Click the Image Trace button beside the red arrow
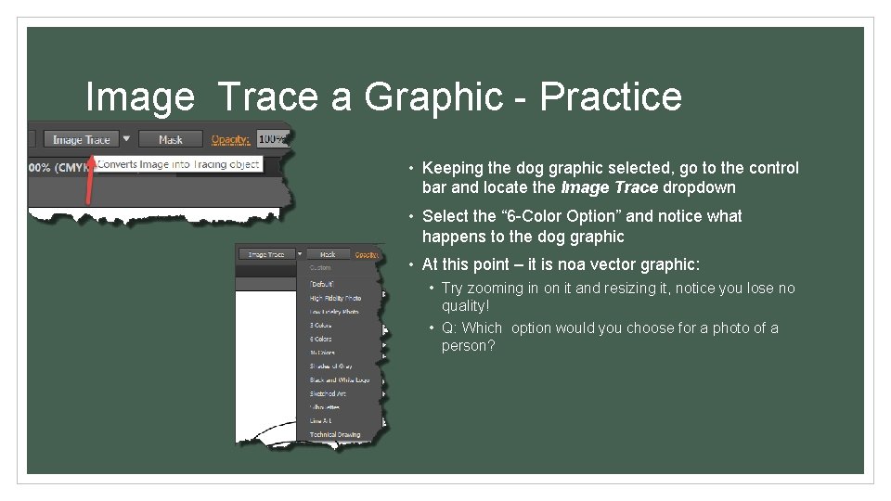pyautogui.click(x=82, y=139)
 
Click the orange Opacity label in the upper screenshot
pyautogui.click(x=230, y=139)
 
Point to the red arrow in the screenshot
pyautogui.click(x=90, y=182)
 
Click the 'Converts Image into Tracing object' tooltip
pyautogui.click(x=178, y=164)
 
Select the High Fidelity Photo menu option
pyautogui.click(x=335, y=298)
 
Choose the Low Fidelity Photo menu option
pyautogui.click(x=334, y=312)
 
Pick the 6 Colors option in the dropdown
pyautogui.click(x=321, y=339)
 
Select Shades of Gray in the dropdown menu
pyautogui.click(x=331, y=366)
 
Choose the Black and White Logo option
pyautogui.click(x=339, y=380)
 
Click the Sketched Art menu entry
pyautogui.click(x=327, y=393)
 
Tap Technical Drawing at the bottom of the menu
pyautogui.click(x=335, y=434)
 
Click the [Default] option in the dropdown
pyautogui.click(x=321, y=284)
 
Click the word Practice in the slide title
pyautogui.click(x=611, y=96)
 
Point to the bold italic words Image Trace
pyautogui.click(x=609, y=187)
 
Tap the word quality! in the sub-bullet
pyautogui.click(x=465, y=305)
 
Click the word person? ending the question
pyautogui.click(x=469, y=346)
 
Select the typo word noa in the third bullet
pyautogui.click(x=570, y=264)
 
